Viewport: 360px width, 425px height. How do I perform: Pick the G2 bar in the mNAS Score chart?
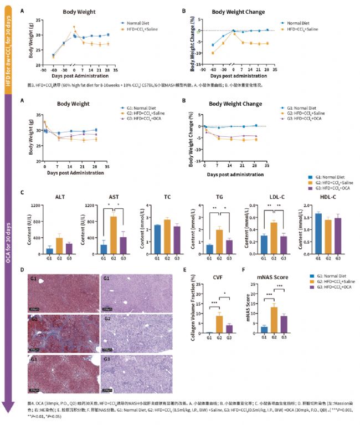(x=274, y=320)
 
